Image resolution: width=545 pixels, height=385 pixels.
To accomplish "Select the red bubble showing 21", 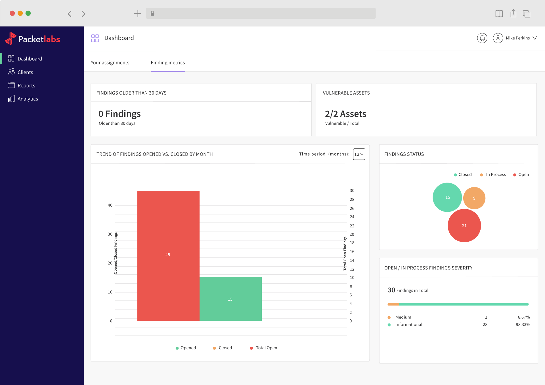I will [x=464, y=225].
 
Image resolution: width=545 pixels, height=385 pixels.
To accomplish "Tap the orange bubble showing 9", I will [x=474, y=198].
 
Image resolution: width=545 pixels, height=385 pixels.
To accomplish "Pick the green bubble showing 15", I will [x=447, y=197].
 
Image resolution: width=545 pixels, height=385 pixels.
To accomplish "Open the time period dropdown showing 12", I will [x=359, y=154].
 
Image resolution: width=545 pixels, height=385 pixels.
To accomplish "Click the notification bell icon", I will [x=482, y=38].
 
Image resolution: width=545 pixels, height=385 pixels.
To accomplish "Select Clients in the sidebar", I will [x=25, y=72].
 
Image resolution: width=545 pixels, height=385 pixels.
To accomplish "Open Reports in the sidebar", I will [x=26, y=85].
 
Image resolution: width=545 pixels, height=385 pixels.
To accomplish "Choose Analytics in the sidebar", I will [x=28, y=99].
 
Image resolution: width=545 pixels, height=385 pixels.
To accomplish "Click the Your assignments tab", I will [x=110, y=62].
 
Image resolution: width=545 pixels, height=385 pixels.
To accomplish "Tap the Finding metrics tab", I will [x=168, y=62].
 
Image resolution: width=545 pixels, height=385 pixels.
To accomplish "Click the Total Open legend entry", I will [x=266, y=348].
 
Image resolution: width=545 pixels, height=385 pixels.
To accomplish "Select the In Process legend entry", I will [x=496, y=175].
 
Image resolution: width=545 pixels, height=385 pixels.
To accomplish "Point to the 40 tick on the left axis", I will [x=110, y=205].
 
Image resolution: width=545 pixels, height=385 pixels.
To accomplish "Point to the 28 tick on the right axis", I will [x=352, y=200].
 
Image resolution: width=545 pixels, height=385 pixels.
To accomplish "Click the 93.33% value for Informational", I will [x=523, y=325].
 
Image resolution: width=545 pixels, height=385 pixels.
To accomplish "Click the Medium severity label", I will [x=403, y=317].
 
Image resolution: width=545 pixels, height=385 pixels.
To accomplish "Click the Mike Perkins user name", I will [x=517, y=38].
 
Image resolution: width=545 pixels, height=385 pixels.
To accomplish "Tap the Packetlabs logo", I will [x=33, y=39].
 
